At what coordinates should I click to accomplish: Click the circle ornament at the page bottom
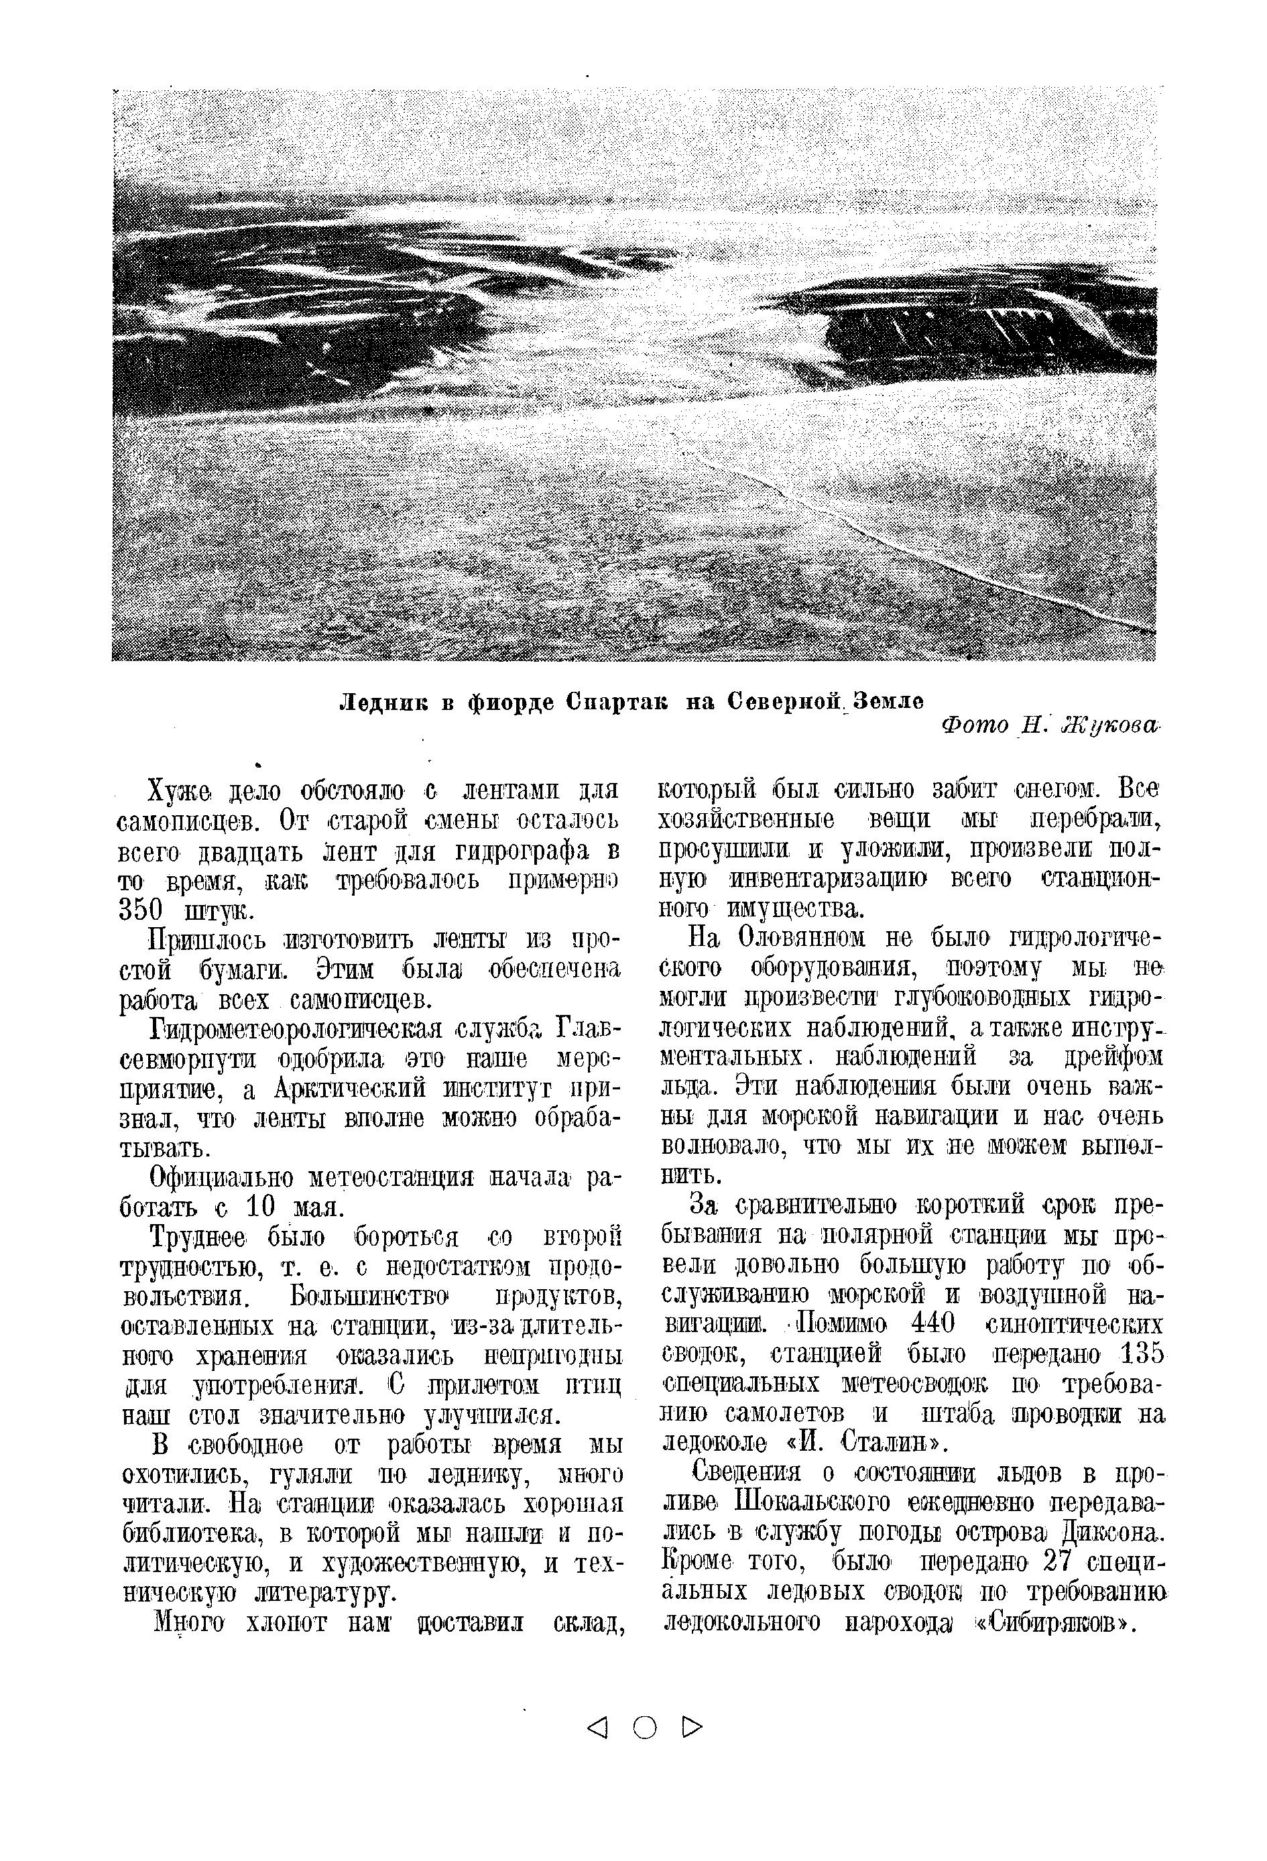click(644, 1729)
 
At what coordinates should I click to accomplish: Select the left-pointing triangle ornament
click(597, 1729)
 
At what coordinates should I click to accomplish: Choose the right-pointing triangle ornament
click(691, 1729)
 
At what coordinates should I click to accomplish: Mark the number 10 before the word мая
click(261, 1207)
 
